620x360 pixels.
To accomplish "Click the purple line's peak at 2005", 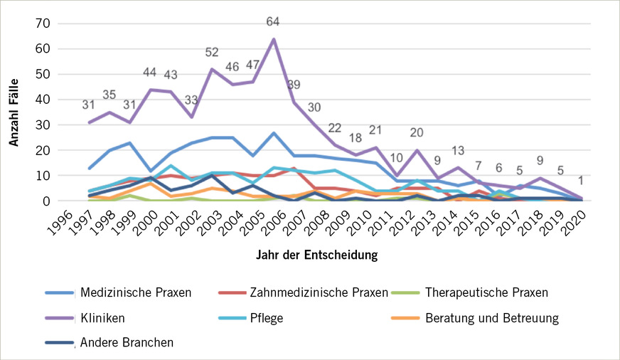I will tap(274, 39).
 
